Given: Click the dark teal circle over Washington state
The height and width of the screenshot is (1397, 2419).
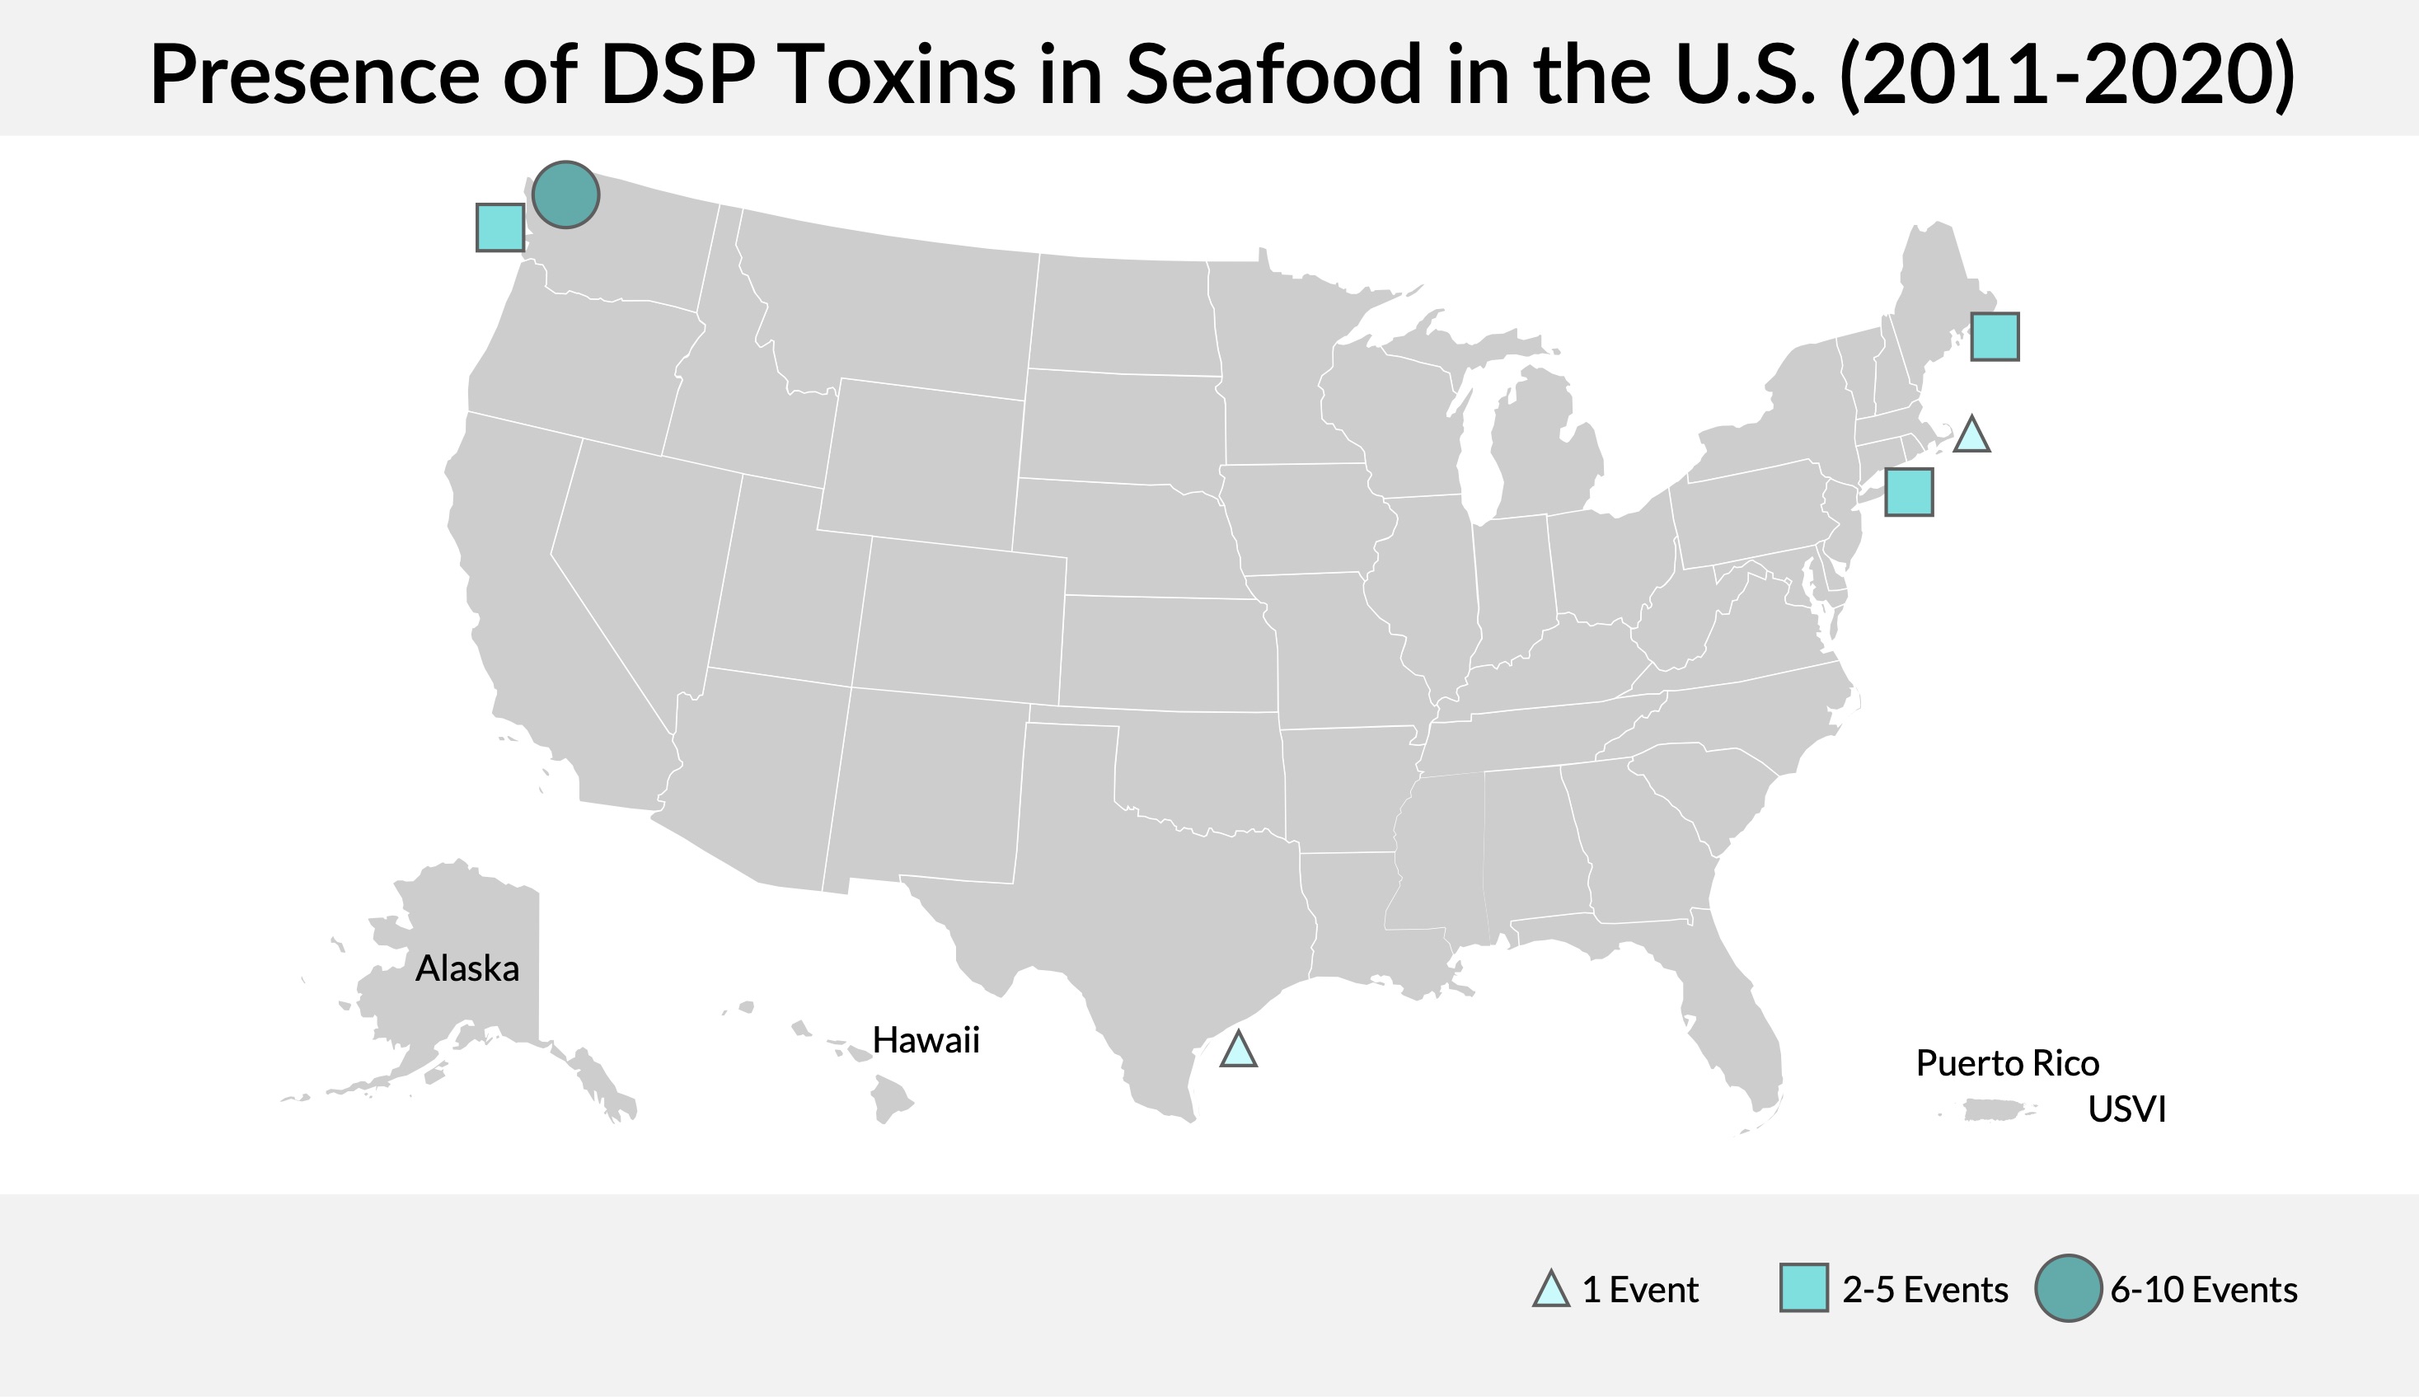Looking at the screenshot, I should click(x=566, y=195).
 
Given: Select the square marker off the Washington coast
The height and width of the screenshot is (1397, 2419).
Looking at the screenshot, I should click(x=499, y=227).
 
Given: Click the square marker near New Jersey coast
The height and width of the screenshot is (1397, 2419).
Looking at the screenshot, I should click(x=1909, y=492).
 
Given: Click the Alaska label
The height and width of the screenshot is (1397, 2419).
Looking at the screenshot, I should click(x=467, y=969).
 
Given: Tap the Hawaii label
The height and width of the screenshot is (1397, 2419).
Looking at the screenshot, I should click(x=926, y=1040).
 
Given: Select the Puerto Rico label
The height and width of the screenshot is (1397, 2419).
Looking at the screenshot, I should click(x=2008, y=1063).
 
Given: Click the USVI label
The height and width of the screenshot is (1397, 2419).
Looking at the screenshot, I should click(x=2126, y=1109).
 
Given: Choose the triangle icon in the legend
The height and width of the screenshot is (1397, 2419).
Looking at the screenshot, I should click(x=1551, y=1291).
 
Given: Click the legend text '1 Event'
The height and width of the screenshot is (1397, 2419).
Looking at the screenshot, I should click(x=1640, y=1290).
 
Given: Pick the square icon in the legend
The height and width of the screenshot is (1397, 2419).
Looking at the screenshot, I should click(x=1803, y=1287).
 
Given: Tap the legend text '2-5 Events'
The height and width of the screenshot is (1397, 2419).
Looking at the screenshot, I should click(x=1925, y=1290).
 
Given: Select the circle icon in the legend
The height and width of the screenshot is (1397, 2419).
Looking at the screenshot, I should click(x=2068, y=1287).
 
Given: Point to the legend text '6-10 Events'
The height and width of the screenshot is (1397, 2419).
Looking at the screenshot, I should click(x=2203, y=1290).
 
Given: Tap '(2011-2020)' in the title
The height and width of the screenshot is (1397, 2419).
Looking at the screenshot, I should click(x=2067, y=75).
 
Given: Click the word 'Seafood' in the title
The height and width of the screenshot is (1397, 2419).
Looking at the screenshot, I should click(x=1273, y=75).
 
